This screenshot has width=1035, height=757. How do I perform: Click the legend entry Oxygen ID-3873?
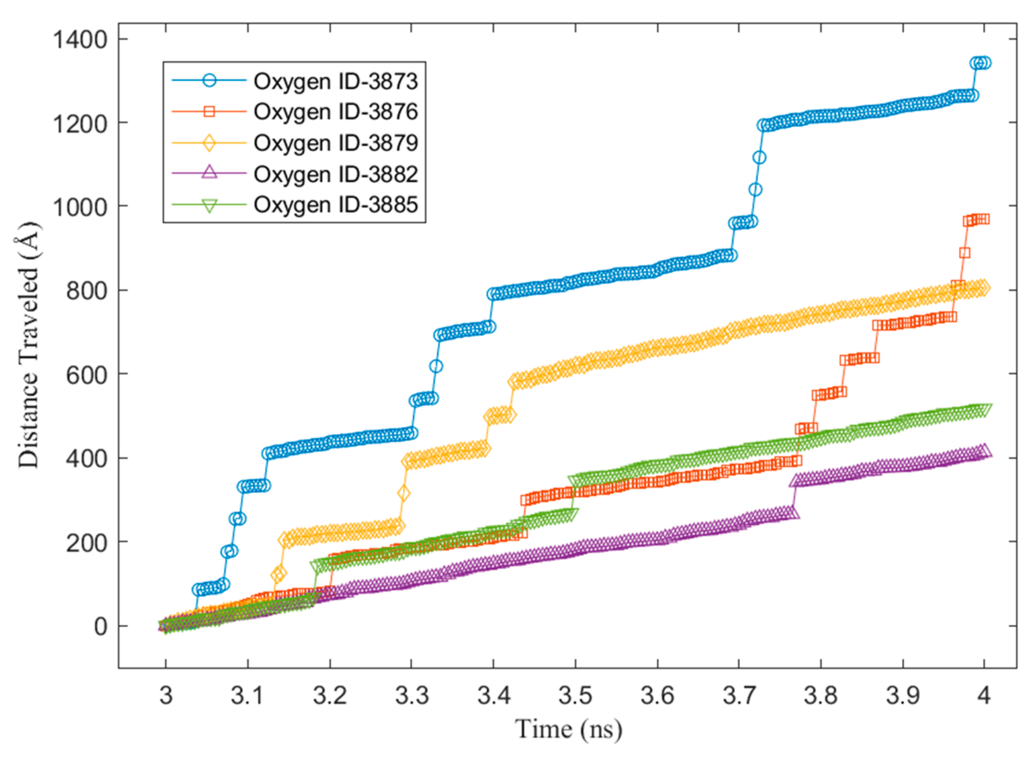pos(336,82)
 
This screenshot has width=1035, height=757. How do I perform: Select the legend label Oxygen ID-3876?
pos(336,112)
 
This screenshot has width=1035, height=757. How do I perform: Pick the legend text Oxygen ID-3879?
pos(336,143)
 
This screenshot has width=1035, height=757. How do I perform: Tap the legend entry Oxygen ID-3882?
pos(336,174)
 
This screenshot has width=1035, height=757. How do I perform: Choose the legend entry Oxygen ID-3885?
pos(336,205)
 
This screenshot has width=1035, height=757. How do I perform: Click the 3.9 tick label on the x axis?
pos(902,696)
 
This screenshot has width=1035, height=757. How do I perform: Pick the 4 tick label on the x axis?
pos(983,696)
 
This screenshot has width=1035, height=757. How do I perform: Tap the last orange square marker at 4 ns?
pos(983,219)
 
